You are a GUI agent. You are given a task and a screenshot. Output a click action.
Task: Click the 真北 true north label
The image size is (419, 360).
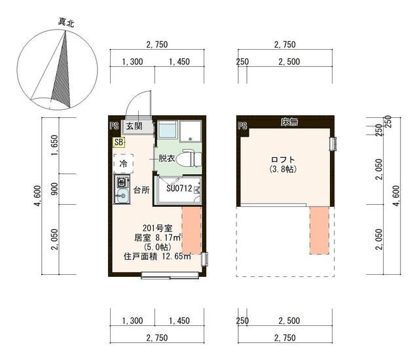65,22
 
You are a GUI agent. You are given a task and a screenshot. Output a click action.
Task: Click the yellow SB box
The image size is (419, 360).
118,142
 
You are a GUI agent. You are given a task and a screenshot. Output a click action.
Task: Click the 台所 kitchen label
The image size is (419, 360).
142,190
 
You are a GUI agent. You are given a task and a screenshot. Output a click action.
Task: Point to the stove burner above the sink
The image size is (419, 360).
121,181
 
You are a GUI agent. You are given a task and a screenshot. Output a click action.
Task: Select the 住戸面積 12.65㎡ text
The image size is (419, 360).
157,257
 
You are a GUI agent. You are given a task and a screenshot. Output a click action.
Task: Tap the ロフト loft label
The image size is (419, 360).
283,159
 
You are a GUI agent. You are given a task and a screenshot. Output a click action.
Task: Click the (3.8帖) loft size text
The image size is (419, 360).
283,169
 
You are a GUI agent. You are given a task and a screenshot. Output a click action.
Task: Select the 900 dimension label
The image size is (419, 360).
55,189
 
